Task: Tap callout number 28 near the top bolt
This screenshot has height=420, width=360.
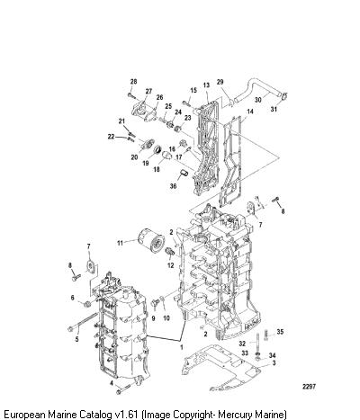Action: (x=133, y=82)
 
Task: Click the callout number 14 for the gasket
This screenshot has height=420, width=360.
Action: (x=250, y=112)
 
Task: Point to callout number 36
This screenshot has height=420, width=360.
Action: (x=173, y=186)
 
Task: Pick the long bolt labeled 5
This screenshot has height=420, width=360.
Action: (x=83, y=322)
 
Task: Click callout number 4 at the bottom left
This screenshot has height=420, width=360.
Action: (x=112, y=383)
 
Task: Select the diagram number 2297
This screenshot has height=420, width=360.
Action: (x=309, y=387)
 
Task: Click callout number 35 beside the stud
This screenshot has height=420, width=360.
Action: (x=280, y=332)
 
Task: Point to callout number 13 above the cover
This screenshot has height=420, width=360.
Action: (x=206, y=85)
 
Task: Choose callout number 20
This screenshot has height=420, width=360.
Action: (x=134, y=157)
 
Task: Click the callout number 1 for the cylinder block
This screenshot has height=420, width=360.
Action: (x=181, y=347)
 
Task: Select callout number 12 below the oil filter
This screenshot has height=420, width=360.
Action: (x=170, y=265)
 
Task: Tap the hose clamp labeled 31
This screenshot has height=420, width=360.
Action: (x=284, y=96)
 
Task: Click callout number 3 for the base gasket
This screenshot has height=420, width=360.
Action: (x=274, y=363)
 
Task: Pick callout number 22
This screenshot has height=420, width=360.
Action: (x=112, y=137)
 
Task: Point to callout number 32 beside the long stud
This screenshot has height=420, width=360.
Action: (x=242, y=344)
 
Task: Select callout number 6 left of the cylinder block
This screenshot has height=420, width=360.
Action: (x=72, y=298)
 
